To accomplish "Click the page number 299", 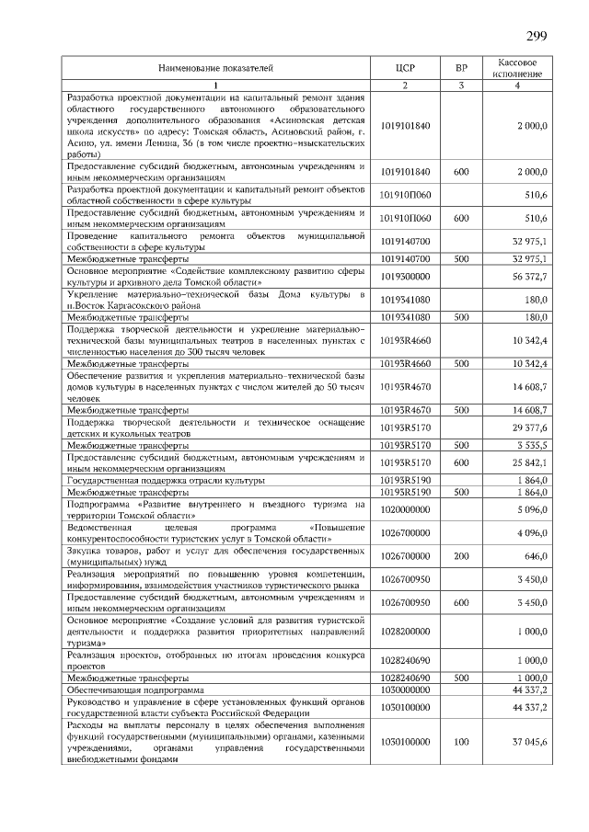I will click(x=537, y=37).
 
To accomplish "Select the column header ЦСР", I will click(x=405, y=68).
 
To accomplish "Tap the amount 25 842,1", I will click(x=530, y=462).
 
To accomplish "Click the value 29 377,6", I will click(x=530, y=427).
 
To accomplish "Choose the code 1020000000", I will click(x=405, y=508).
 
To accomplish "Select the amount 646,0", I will click(x=536, y=556).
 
